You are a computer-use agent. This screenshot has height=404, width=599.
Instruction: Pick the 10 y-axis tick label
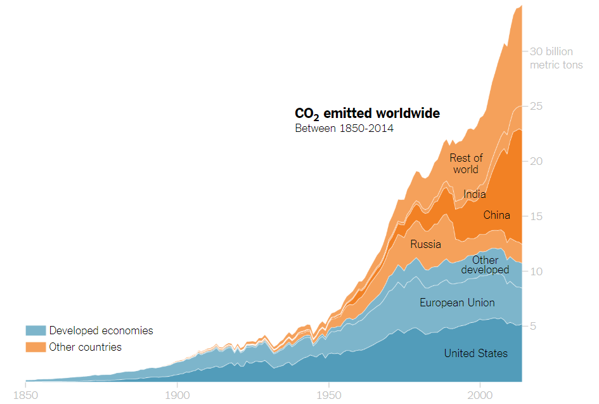point(536,271)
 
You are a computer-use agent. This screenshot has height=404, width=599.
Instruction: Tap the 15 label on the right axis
point(536,216)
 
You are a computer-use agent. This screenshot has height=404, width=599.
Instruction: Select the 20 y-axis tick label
point(536,161)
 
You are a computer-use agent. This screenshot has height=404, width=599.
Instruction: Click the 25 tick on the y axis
point(536,106)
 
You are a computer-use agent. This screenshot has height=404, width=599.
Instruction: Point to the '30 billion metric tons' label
point(556,58)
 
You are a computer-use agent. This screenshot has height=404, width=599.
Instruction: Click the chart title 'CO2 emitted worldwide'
point(367,114)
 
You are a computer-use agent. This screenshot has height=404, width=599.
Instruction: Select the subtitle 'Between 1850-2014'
point(344,129)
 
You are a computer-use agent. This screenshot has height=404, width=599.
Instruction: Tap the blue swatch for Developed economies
point(35,330)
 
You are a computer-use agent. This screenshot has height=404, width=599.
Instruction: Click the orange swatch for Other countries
point(35,347)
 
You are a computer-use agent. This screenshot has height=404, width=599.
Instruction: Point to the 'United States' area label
point(475,353)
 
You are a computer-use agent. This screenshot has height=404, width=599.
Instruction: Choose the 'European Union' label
point(457,303)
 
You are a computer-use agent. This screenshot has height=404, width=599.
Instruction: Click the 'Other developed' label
point(485,265)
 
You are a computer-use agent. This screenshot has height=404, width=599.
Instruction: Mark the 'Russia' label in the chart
point(425,244)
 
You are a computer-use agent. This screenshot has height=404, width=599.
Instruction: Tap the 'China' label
point(496,215)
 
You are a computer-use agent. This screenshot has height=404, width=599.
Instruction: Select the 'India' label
point(474,194)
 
